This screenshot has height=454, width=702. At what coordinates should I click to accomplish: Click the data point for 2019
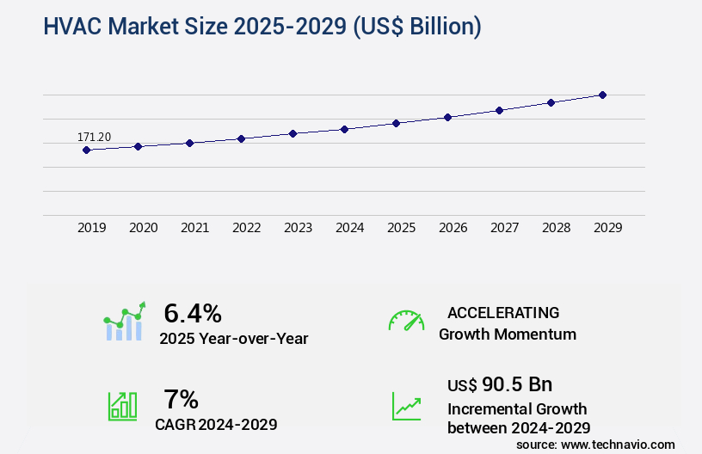pos(86,150)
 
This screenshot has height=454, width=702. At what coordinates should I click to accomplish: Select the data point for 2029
pos(602,95)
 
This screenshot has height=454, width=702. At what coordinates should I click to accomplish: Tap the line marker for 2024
pos(344,129)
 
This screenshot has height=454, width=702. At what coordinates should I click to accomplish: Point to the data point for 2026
pos(447,117)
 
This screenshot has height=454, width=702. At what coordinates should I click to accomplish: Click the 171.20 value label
pos(94,137)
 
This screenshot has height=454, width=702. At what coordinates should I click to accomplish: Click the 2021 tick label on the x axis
pos(194,228)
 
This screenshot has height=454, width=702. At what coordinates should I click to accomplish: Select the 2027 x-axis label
pos(504,228)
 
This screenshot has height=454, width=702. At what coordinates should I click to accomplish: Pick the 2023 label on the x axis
pos(298,228)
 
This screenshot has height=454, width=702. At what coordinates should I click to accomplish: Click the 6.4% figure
pos(193,312)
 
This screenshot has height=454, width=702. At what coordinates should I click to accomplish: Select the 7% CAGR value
pos(181,399)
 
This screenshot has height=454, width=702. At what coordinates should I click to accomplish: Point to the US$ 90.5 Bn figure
pos(500,384)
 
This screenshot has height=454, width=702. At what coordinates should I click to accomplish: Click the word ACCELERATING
pos(503,313)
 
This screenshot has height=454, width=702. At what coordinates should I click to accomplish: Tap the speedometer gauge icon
pos(406,321)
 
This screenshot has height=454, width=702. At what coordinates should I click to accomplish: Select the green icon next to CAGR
pos(122,406)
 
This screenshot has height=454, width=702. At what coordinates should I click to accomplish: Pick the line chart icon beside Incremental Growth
pos(406,406)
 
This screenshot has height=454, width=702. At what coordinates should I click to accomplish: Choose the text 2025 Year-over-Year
pos(233,339)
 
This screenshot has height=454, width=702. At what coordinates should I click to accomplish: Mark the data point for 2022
pos(241,138)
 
